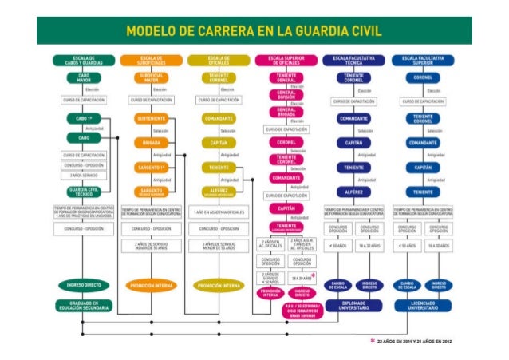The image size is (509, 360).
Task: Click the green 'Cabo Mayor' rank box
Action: coord(83,78)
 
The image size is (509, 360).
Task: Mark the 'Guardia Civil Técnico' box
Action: coord(83,192)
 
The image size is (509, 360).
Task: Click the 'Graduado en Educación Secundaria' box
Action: coord(83,306)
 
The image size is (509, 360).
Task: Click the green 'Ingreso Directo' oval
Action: coord(83,285)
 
